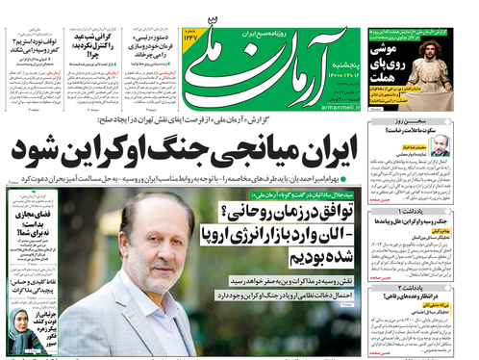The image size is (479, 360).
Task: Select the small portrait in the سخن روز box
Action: click(441, 145)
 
